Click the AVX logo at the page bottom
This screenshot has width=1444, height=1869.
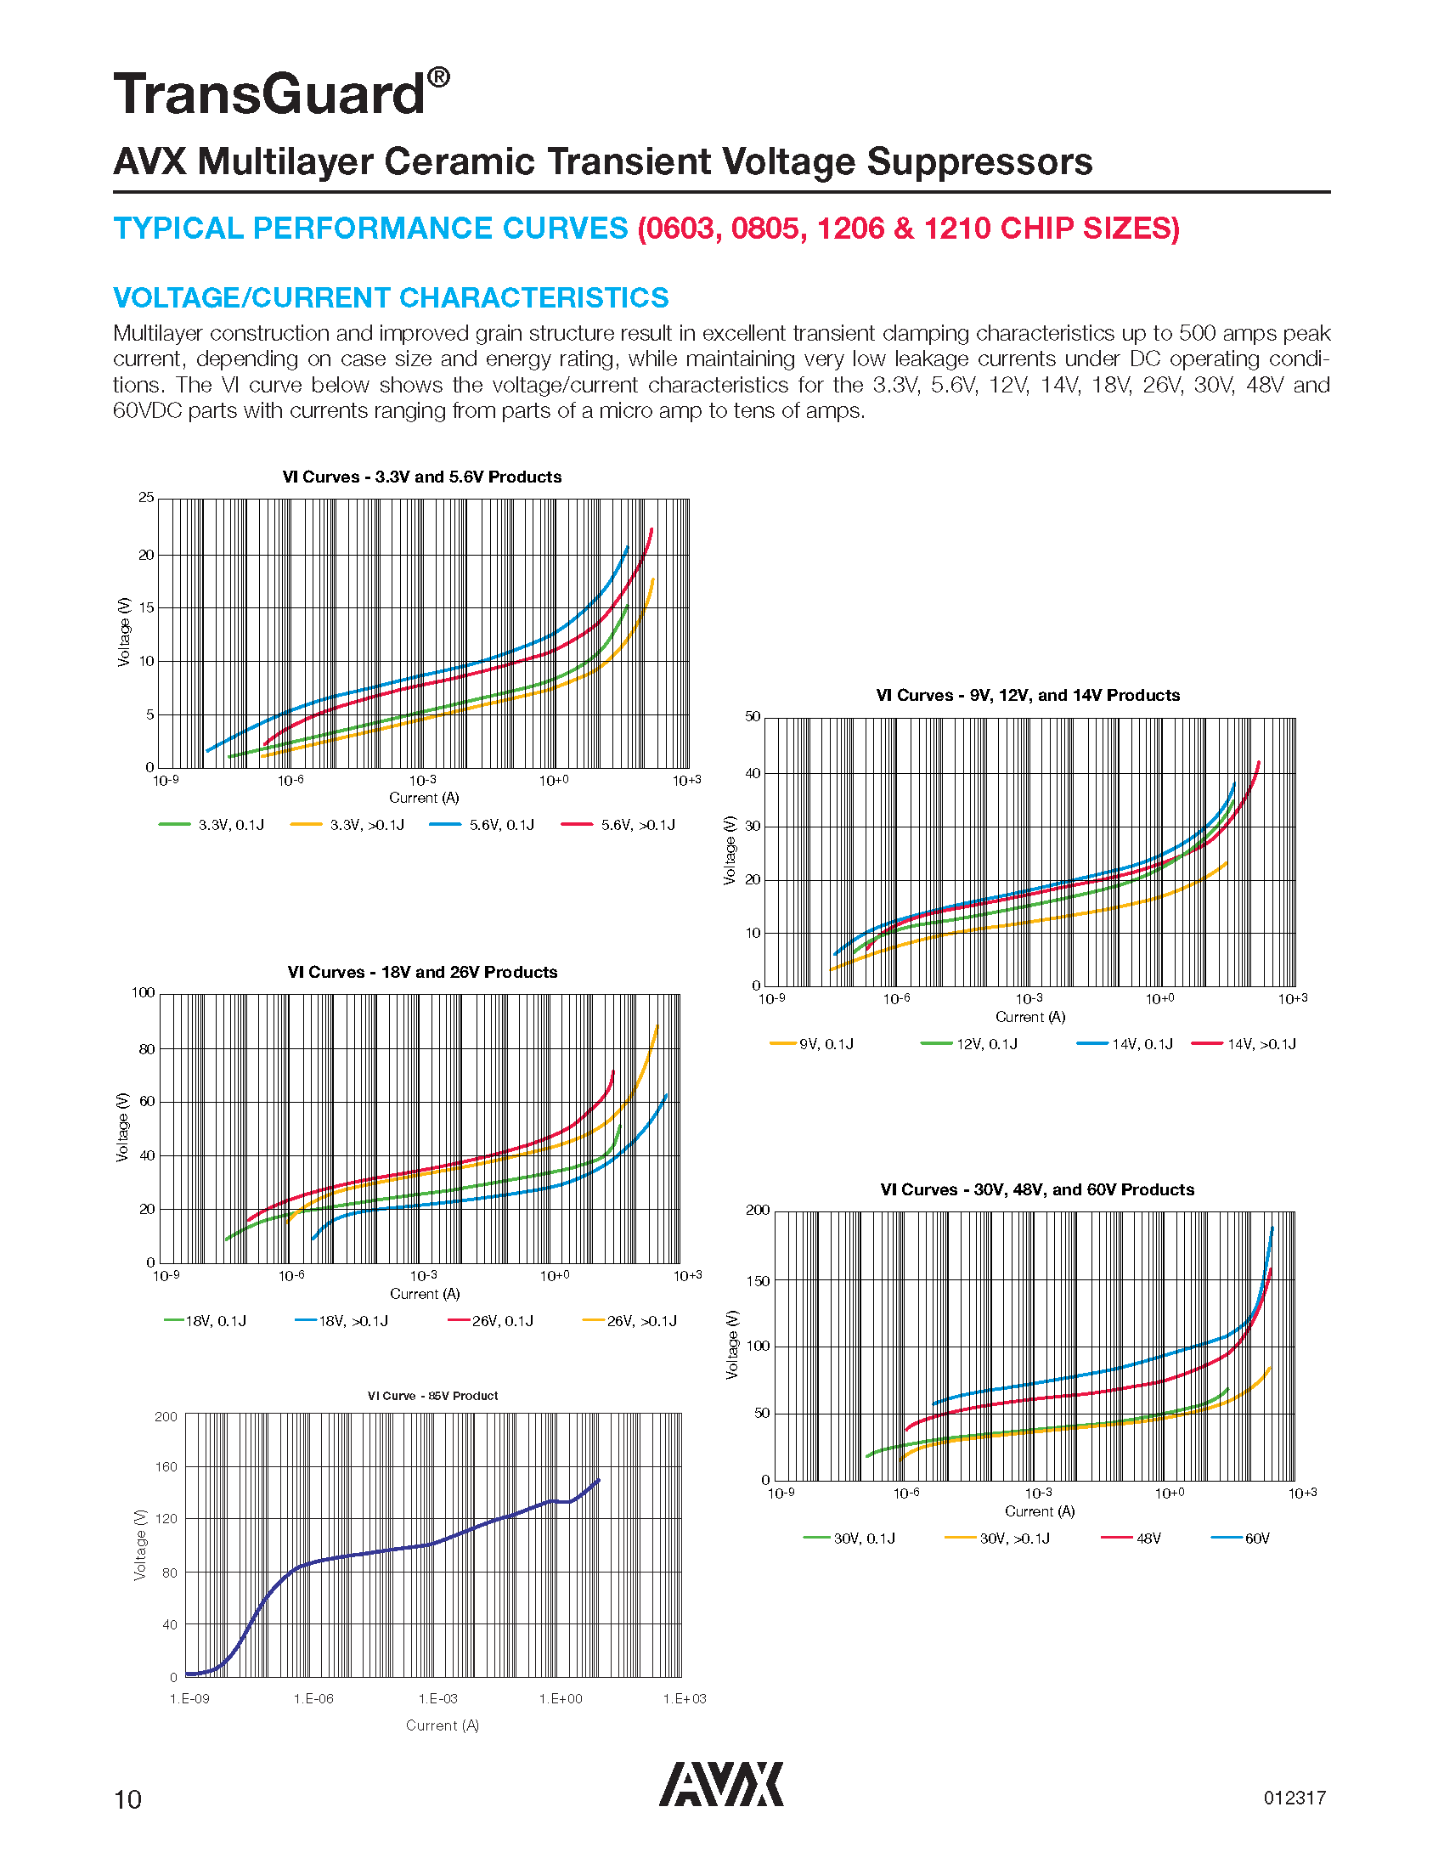[x=720, y=1783]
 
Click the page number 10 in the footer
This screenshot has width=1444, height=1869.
[x=127, y=1799]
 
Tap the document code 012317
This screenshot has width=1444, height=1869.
[x=1295, y=1798]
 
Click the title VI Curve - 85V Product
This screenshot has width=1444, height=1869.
[x=433, y=1396]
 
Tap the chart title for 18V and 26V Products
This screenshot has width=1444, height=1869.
[x=423, y=972]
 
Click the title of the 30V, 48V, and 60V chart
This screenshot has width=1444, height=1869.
[x=1037, y=1189]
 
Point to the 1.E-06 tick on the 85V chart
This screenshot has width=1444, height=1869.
[x=313, y=1699]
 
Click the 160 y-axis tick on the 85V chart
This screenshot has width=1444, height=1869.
[x=166, y=1467]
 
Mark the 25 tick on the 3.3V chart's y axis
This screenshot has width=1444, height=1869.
[x=146, y=497]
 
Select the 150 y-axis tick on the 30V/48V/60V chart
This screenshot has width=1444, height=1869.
[x=758, y=1281]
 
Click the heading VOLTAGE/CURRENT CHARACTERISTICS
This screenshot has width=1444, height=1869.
[x=391, y=298]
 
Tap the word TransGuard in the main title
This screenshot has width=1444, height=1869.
[x=269, y=94]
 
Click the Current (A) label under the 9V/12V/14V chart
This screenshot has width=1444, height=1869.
[x=1030, y=1017]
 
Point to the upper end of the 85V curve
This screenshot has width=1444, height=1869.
[x=598, y=1480]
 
